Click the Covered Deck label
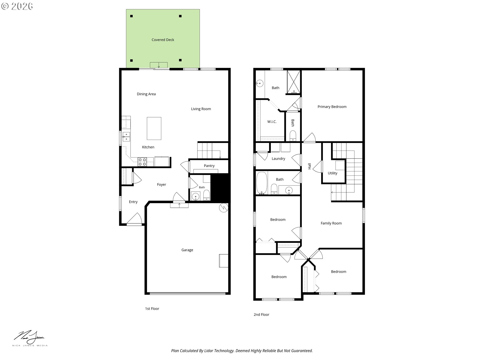[163, 40]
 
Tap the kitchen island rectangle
[154, 128]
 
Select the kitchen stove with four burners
[142, 162]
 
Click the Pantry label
[209, 166]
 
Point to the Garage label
[187, 250]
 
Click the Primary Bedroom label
[332, 107]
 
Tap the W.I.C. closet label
[272, 122]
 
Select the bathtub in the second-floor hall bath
[262, 183]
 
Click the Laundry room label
[278, 159]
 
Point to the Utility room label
[332, 173]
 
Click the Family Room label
[331, 223]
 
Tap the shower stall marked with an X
[294, 82]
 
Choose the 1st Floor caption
[152, 309]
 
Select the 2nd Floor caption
[261, 315]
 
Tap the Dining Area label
[146, 94]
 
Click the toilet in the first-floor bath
[206, 195]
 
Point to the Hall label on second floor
[309, 166]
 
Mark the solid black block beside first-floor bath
[219, 188]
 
